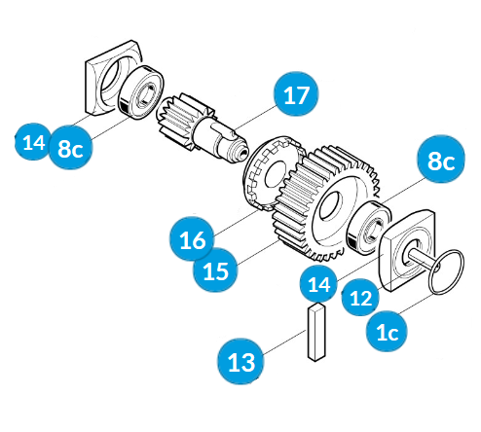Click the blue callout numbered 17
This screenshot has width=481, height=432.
point(296,93)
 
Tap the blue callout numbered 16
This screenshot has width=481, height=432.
point(192,239)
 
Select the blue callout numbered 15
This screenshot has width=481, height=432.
point(215,270)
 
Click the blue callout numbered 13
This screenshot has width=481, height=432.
point(240,361)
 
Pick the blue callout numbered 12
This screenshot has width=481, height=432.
point(360,297)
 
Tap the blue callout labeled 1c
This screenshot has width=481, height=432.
point(387,331)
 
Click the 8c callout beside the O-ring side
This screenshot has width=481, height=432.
point(441,160)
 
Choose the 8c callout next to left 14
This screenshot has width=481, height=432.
point(70,148)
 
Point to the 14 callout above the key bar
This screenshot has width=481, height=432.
point(319,284)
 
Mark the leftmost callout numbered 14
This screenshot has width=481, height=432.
point(33,142)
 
